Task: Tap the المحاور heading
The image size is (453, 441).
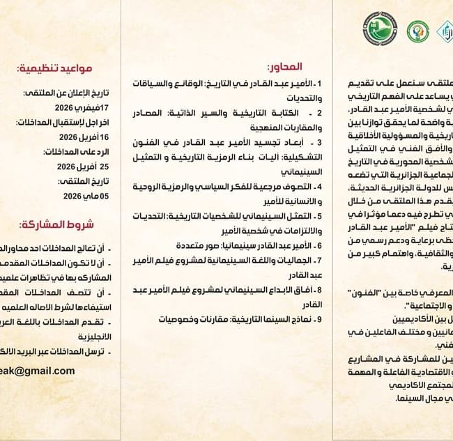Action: click(x=284, y=67)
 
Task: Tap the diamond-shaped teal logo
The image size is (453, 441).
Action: click(x=444, y=32)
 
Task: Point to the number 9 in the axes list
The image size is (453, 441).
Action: click(x=318, y=318)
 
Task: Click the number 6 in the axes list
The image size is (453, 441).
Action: click(x=318, y=245)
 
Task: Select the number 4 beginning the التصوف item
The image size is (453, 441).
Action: click(x=318, y=187)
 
